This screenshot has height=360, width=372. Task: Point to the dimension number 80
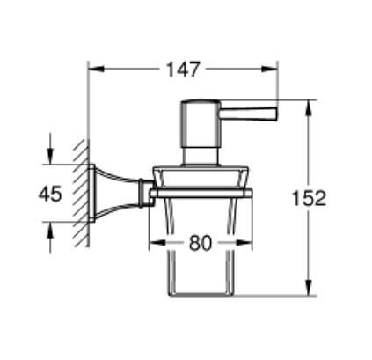pos(201,244)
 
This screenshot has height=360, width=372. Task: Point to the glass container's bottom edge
pos(201,295)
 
